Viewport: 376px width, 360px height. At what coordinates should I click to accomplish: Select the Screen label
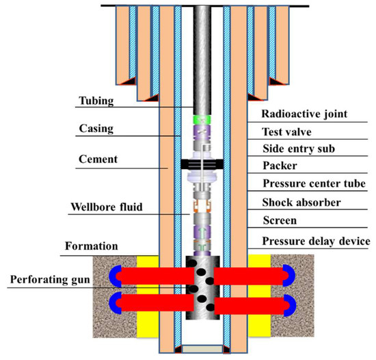coord(281,221)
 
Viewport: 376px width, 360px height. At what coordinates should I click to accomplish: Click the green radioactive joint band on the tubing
coord(203,118)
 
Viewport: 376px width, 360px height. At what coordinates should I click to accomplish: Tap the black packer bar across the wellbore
coord(203,164)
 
